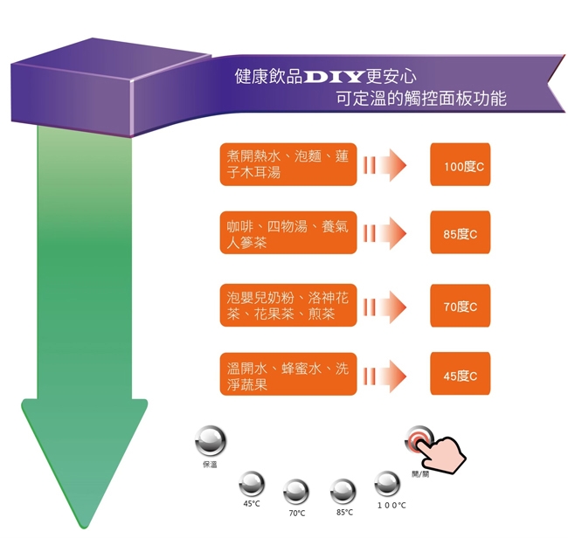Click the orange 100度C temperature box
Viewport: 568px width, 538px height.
[461, 165]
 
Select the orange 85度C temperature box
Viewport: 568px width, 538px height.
[461, 233]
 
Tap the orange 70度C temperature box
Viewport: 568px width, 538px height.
[461, 306]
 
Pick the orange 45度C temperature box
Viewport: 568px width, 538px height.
[461, 375]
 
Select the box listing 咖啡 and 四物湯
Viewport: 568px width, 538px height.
[288, 234]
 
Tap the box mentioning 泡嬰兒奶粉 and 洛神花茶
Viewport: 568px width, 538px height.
[288, 306]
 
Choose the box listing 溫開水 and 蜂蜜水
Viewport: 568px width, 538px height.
[288, 376]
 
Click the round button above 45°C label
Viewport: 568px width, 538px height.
[252, 483]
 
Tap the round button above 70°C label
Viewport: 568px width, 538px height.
[296, 492]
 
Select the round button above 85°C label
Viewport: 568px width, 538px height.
[343, 491]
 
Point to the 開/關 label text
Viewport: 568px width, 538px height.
[420, 473]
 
